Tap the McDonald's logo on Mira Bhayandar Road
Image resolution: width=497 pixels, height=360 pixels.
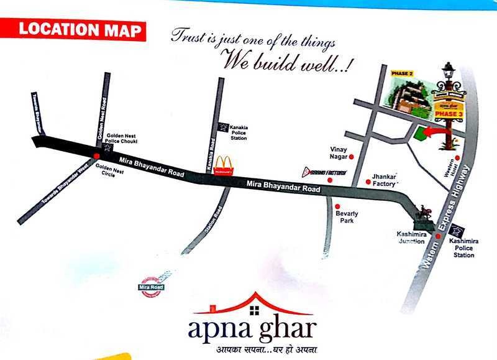click(x=223, y=165)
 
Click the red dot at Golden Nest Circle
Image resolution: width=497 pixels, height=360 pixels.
click(x=96, y=156)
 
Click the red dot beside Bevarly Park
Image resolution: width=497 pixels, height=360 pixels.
click(x=337, y=206)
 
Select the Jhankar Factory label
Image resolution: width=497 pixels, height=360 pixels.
click(x=384, y=180)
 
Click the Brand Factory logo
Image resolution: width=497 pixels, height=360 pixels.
click(x=324, y=172)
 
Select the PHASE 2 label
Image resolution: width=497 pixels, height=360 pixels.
click(x=402, y=74)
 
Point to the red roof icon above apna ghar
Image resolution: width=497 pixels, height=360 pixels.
click(x=253, y=303)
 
